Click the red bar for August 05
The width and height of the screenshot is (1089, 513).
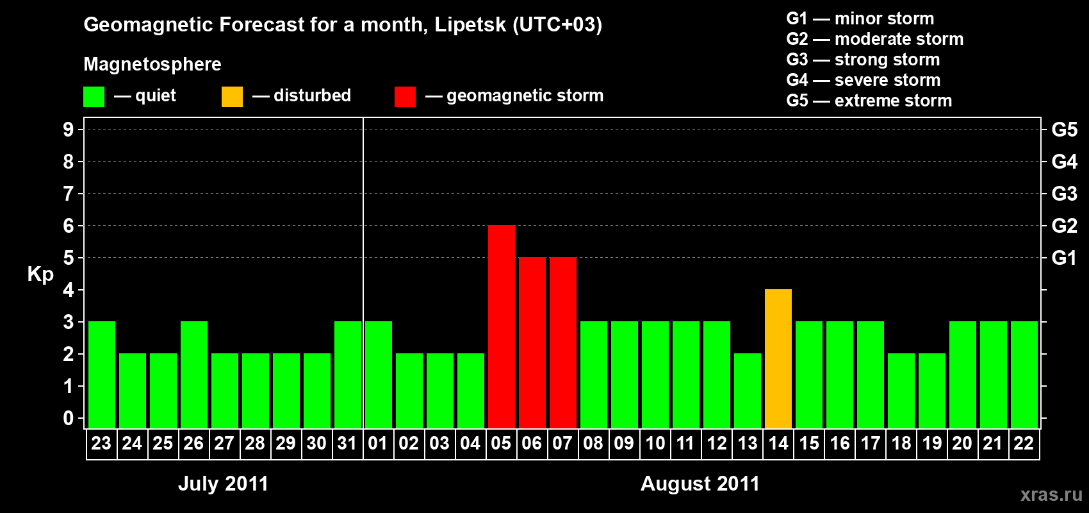(x=501, y=326)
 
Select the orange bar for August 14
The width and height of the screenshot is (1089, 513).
(x=778, y=358)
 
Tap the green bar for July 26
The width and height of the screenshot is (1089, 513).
(x=193, y=374)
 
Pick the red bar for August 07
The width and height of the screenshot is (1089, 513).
(x=562, y=342)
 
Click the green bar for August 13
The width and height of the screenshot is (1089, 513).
(x=747, y=391)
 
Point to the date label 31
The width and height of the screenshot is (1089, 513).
(x=347, y=444)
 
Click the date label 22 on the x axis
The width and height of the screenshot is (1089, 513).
(x=1024, y=444)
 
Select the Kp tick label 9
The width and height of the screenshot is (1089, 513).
(x=69, y=130)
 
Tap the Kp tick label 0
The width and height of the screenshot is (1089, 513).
(x=69, y=419)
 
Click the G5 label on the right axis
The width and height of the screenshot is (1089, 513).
(x=1064, y=130)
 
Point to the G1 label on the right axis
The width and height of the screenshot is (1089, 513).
(x=1064, y=258)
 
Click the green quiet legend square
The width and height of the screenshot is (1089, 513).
(x=94, y=97)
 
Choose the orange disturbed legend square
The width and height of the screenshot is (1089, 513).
(x=232, y=97)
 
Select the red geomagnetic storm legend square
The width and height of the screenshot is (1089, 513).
(x=405, y=97)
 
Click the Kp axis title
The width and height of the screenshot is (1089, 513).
(x=40, y=274)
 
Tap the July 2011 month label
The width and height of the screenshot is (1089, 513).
(x=223, y=484)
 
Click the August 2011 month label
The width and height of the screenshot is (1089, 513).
(x=700, y=484)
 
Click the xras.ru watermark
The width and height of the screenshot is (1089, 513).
(x=1051, y=494)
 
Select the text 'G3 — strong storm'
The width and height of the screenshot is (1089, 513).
(x=862, y=60)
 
